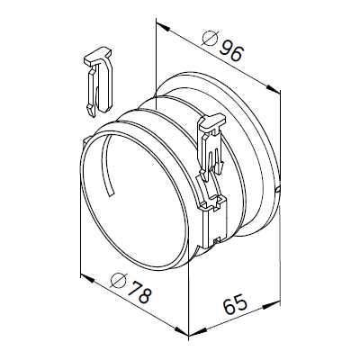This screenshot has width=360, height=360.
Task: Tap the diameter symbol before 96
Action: click(x=208, y=40)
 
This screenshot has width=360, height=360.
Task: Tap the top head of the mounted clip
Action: click(x=211, y=123)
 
